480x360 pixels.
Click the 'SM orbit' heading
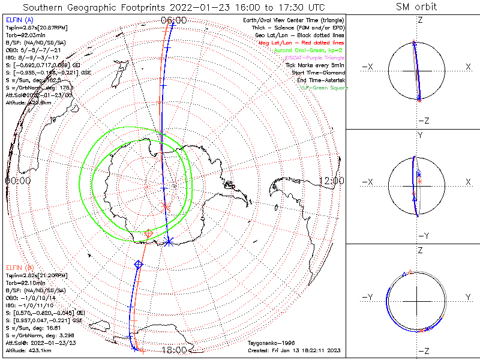point(416,7)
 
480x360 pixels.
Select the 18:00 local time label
point(174,350)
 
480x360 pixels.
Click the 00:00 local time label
point(17,180)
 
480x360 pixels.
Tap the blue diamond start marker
point(139,264)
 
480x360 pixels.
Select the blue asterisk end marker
point(169,241)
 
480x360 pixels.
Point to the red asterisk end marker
point(167,206)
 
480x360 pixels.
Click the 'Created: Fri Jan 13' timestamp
point(295,350)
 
